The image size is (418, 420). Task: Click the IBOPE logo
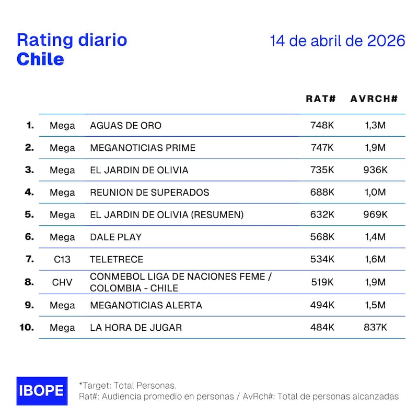(42, 391)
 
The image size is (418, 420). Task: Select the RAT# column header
(321, 99)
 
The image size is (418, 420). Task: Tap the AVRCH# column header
(374, 99)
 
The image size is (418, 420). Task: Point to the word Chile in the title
(40, 59)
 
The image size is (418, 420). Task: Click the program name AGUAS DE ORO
(125, 126)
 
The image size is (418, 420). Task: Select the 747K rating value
(322, 148)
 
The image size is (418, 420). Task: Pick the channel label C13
(62, 259)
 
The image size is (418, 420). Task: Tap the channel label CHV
(62, 282)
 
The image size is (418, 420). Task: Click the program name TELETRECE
(117, 259)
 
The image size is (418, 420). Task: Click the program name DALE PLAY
(116, 237)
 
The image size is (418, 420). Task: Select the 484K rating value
(322, 328)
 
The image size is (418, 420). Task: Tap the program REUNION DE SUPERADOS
(149, 193)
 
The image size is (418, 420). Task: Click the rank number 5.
(29, 214)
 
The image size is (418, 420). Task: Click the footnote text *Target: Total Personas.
(127, 386)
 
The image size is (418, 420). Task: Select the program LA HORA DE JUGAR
(136, 328)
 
